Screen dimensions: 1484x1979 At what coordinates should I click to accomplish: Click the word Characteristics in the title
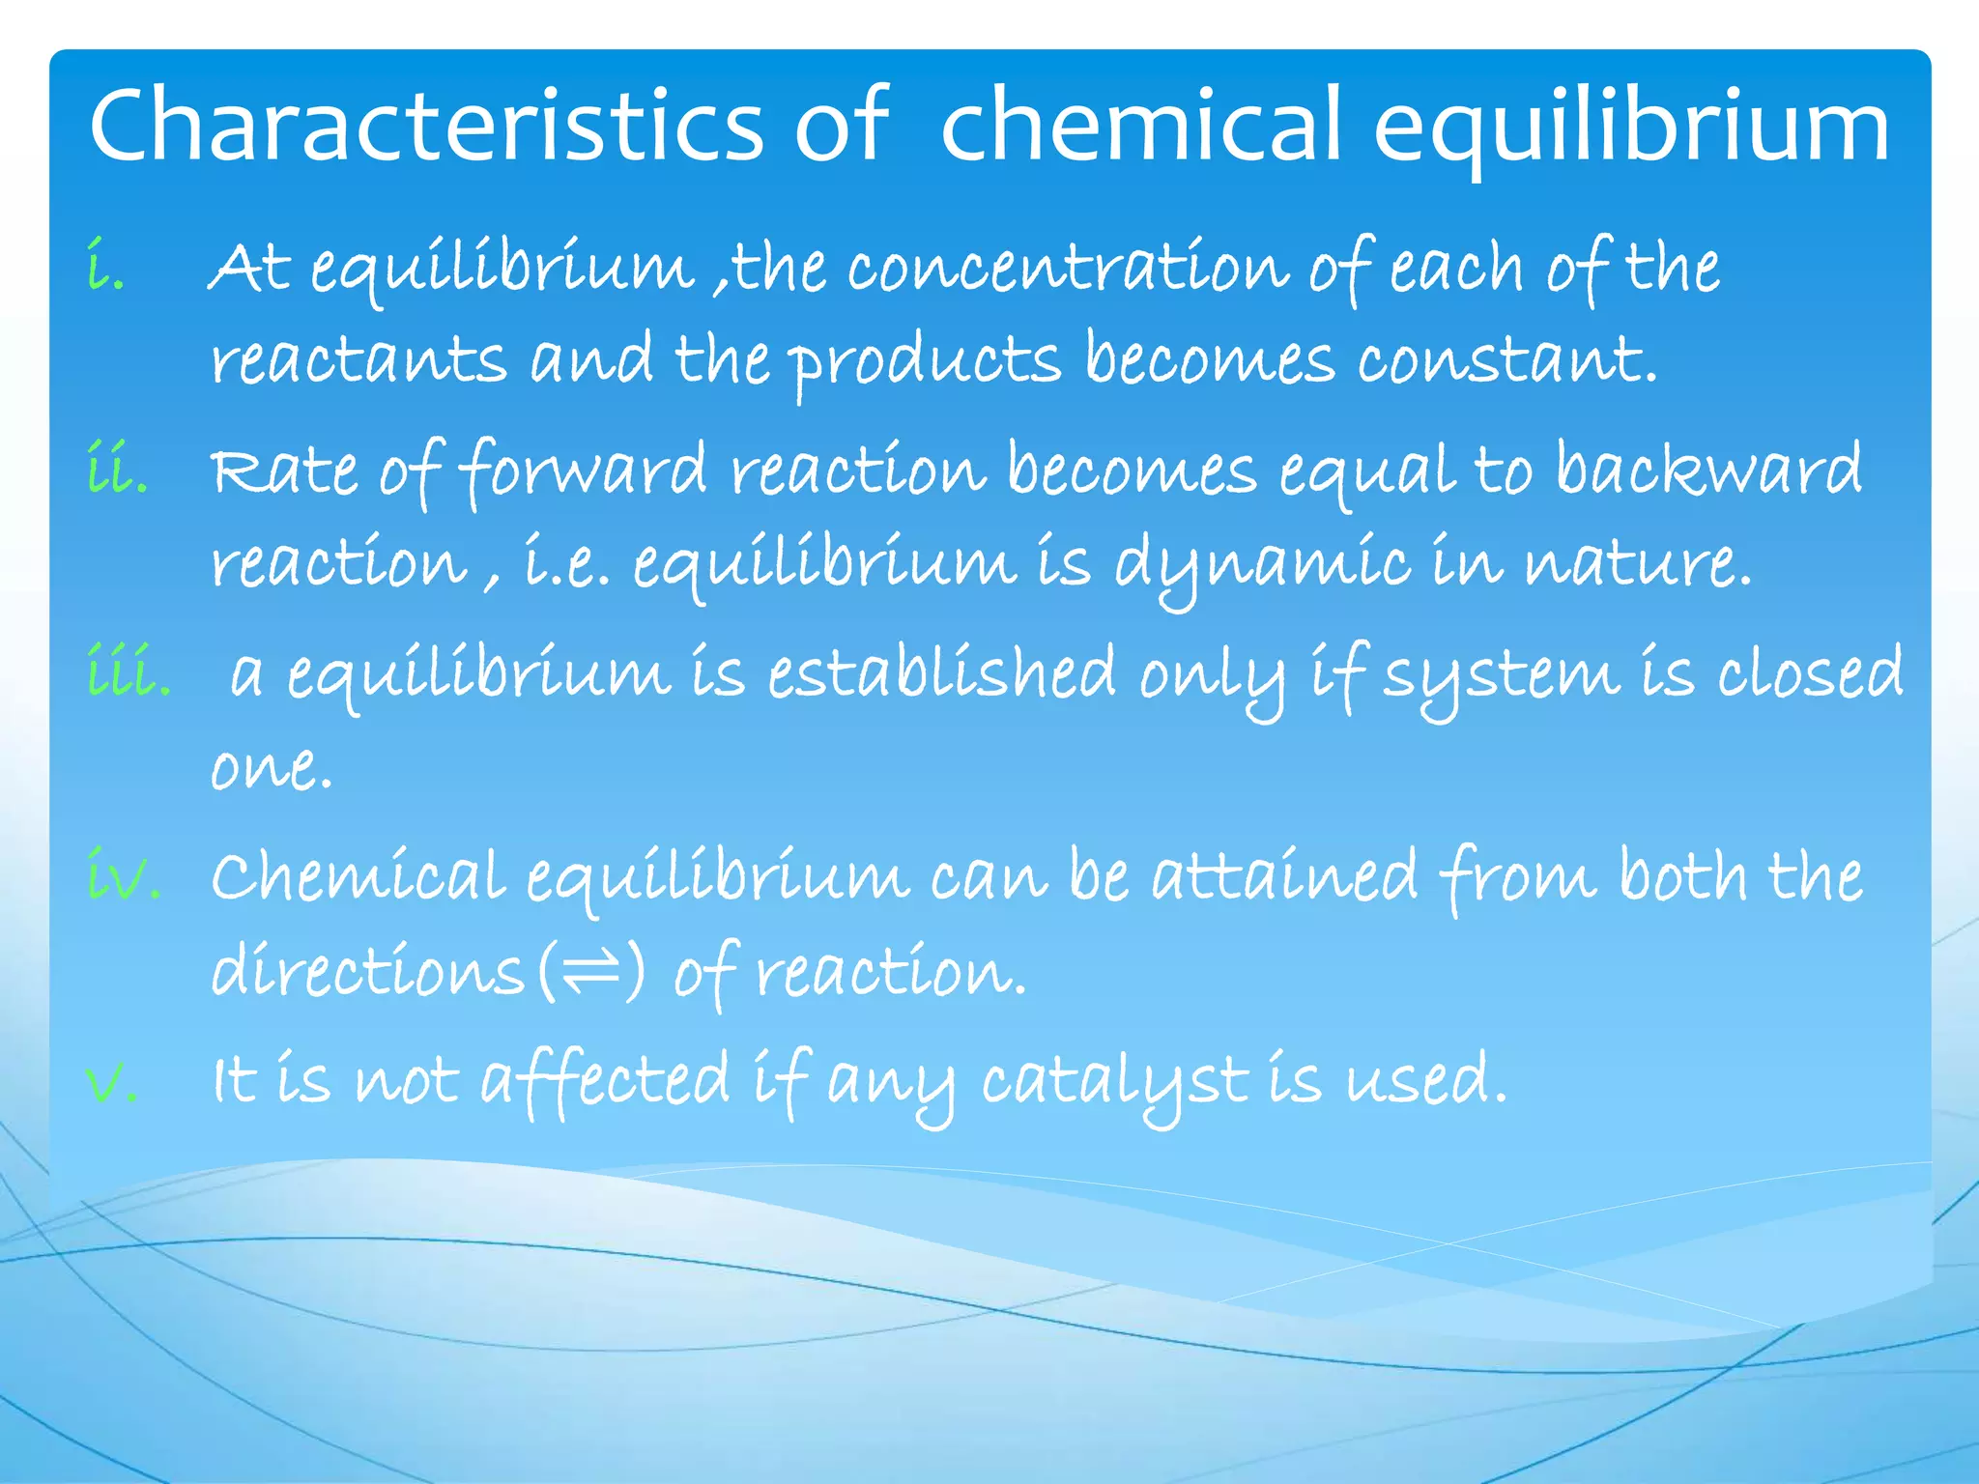[x=426, y=126]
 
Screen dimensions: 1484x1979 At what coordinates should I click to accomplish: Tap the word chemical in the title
[x=1140, y=126]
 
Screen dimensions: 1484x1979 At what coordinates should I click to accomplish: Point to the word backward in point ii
[x=1707, y=471]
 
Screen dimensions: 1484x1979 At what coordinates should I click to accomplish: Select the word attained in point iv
[x=1284, y=876]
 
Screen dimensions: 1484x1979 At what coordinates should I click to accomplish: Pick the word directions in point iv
[x=367, y=970]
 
